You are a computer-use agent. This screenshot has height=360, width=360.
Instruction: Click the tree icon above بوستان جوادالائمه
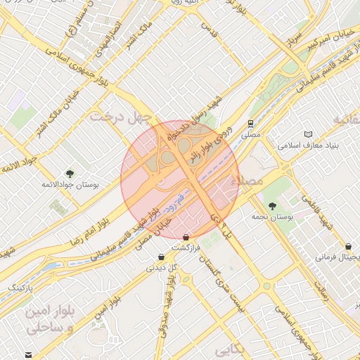[x=70, y=173]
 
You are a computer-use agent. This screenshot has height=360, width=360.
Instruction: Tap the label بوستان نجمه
[x=272, y=217]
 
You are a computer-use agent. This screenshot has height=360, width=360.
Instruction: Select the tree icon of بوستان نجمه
[x=272, y=206]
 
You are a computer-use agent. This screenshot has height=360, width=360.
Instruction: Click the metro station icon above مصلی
[x=250, y=122]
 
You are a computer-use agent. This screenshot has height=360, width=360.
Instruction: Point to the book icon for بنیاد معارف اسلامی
[x=308, y=134]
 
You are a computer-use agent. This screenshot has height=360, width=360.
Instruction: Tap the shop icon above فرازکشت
[x=186, y=238]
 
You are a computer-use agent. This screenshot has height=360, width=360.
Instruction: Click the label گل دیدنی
[x=162, y=268]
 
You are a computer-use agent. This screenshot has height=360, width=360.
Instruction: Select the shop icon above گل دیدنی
[x=162, y=257]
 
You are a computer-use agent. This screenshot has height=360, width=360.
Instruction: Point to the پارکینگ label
[x=25, y=288]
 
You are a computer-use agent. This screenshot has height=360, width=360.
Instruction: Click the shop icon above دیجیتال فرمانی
[x=349, y=247]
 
